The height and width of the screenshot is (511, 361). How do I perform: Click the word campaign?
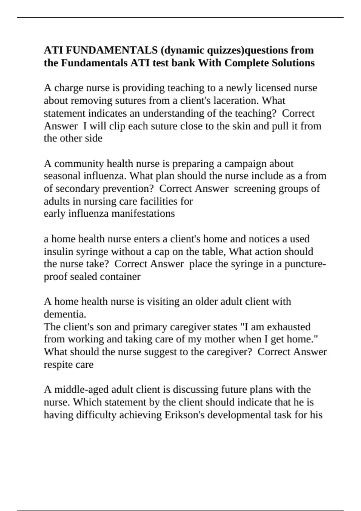tap(245, 164)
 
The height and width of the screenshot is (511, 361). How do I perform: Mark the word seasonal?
tap(62, 176)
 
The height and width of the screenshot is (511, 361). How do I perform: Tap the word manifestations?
tap(143, 213)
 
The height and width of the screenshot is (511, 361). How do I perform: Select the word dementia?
tap(65, 314)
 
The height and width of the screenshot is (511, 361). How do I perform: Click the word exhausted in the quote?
tap(288, 327)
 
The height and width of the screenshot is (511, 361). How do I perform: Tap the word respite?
tap(56, 365)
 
